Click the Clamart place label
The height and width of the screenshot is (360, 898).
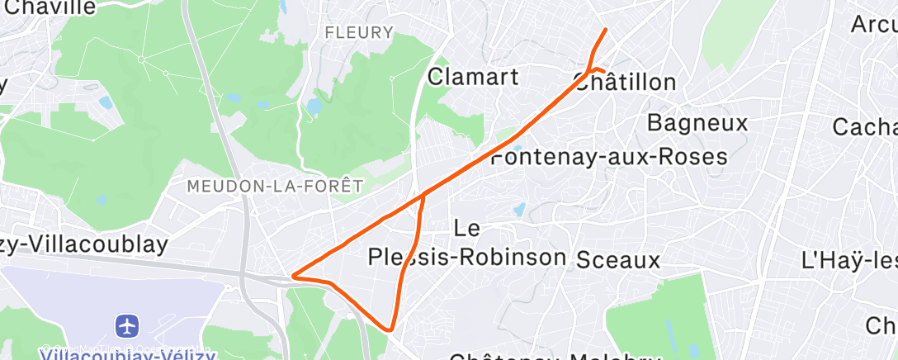(473, 78)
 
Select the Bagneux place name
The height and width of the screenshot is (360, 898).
(697, 124)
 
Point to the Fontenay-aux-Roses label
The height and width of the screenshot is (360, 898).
(609, 157)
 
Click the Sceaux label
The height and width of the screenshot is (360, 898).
(618, 261)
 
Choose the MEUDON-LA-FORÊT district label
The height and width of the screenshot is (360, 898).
(275, 186)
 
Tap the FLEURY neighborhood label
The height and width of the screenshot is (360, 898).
(359, 33)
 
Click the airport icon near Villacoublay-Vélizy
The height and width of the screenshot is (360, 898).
(127, 325)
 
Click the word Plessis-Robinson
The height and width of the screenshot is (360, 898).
(467, 257)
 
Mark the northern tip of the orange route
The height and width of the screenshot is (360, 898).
(606, 30)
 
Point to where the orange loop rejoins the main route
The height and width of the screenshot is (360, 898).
(423, 197)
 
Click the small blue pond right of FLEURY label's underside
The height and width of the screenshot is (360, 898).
(314, 107)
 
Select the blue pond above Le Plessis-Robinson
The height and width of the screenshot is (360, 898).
(519, 211)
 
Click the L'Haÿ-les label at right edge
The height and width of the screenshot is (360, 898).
(850, 261)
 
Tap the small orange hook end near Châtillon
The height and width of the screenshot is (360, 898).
(603, 70)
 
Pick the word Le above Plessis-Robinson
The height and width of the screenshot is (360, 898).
(467, 227)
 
